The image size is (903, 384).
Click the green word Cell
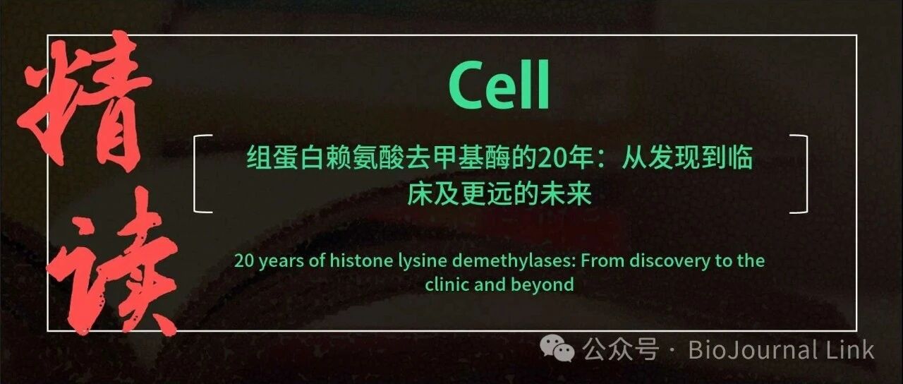click(499, 85)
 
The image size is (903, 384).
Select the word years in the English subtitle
click(281, 262)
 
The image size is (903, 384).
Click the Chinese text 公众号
click(621, 349)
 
